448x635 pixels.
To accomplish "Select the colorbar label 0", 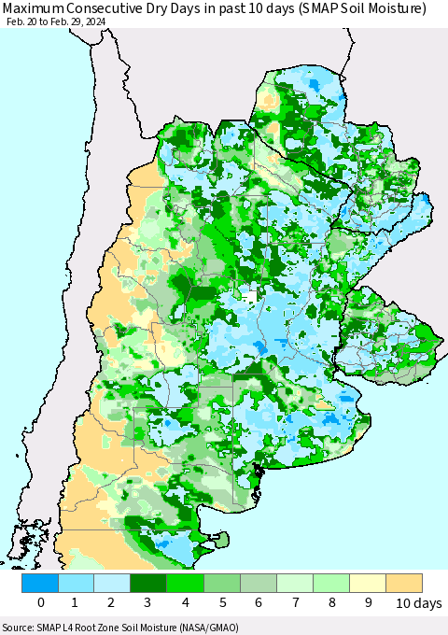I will coord(41,603).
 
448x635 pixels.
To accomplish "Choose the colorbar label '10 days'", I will coord(412,603).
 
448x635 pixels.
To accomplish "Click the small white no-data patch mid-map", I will coord(250,295).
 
